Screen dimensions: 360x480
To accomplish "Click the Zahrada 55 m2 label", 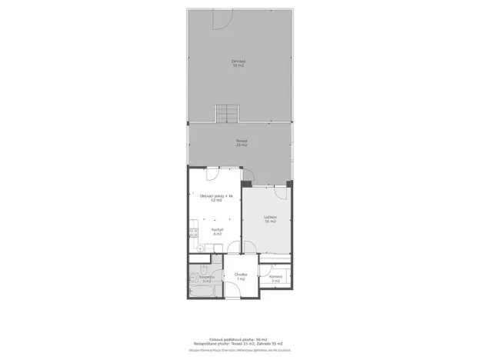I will pos(239,63).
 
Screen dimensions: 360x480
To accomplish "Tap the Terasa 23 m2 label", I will pos(241,143).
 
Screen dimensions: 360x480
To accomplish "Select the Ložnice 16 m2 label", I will pos(269,220).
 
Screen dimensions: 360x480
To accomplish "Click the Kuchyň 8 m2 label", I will pos(217,231).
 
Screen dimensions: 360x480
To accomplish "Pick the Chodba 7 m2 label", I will pos(240,276).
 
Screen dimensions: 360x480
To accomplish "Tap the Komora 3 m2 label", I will pos(275,279).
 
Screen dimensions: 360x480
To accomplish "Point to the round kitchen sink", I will pos(199,248).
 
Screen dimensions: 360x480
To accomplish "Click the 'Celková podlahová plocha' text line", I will pos(239,338).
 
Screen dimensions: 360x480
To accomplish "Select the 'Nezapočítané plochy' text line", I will pos(239,343).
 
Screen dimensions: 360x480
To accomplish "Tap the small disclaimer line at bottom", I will pos(239,350).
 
